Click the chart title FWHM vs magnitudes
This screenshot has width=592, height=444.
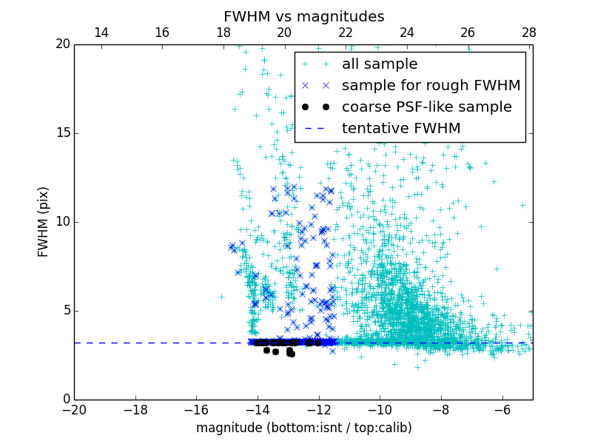click(303, 16)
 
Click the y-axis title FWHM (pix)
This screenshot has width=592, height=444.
click(44, 222)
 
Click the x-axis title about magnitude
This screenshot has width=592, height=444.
click(303, 428)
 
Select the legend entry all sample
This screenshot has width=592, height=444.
click(380, 64)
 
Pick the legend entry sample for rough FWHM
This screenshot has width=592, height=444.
click(431, 85)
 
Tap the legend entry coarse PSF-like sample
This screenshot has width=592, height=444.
click(426, 107)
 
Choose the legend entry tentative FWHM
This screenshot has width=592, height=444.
click(401, 128)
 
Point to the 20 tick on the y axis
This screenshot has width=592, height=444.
click(61, 44)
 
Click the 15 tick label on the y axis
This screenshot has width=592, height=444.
click(61, 133)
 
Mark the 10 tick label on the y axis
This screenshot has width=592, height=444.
click(61, 222)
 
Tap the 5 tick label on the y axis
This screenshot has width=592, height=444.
click(65, 311)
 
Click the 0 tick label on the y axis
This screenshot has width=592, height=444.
click(65, 400)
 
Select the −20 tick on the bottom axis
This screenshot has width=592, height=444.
click(74, 409)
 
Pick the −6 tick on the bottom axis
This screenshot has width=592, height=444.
click(502, 409)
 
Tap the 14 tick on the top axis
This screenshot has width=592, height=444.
click(101, 33)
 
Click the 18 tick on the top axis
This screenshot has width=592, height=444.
click(223, 33)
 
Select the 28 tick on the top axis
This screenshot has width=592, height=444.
click(529, 33)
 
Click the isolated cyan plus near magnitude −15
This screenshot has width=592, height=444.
click(221, 297)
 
